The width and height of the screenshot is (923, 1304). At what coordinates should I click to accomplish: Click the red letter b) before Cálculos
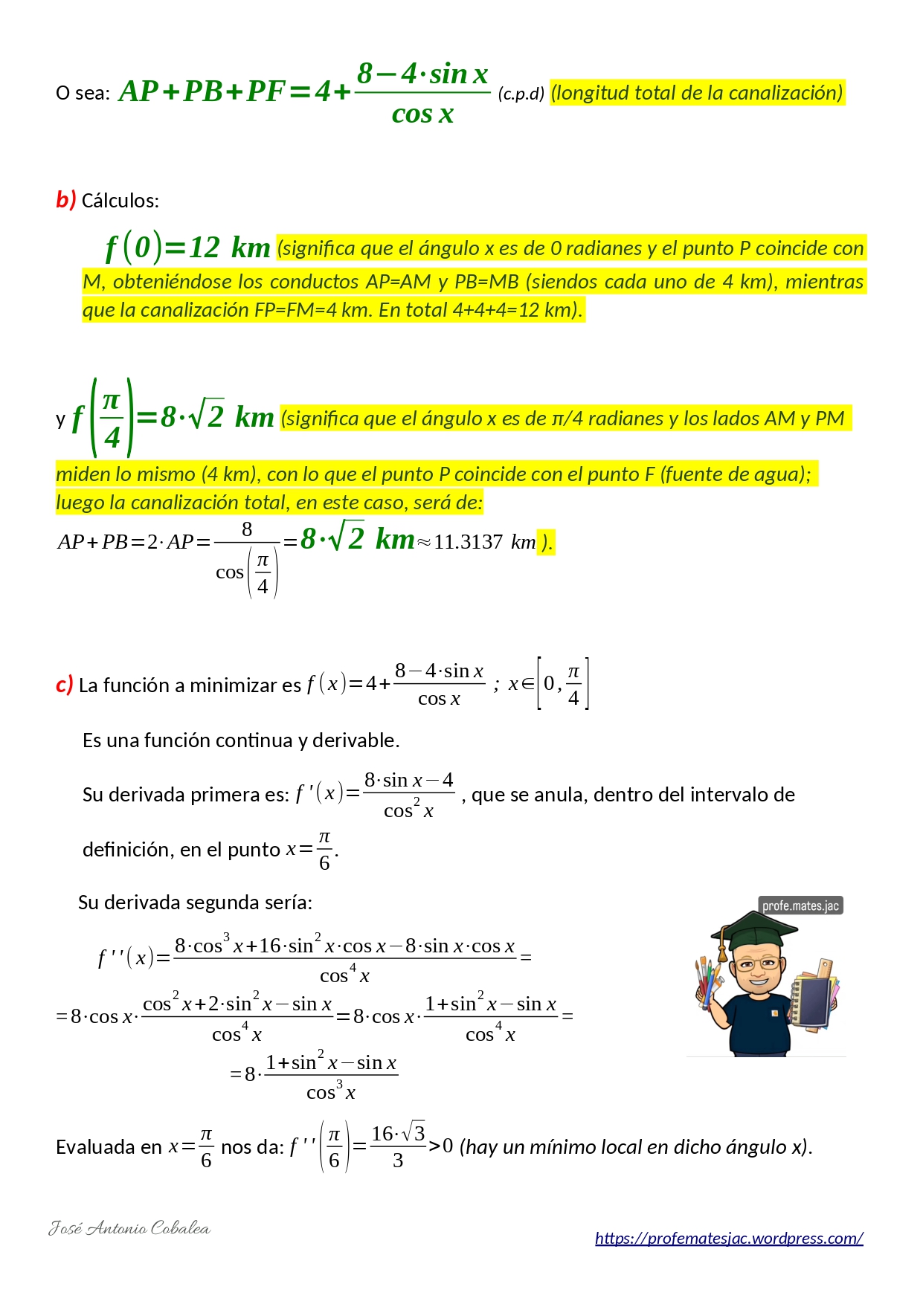pyautogui.click(x=65, y=200)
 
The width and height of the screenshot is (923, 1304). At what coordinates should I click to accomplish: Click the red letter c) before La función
pyautogui.click(x=64, y=685)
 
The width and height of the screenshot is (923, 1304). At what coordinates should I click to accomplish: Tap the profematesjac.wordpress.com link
pyautogui.click(x=729, y=1238)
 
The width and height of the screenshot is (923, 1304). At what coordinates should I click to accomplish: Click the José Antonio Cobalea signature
pyautogui.click(x=129, y=1228)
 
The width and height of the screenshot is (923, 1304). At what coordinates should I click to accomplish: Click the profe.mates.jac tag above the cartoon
pyautogui.click(x=800, y=906)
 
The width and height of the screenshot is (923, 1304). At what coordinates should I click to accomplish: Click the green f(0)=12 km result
pyautogui.click(x=187, y=248)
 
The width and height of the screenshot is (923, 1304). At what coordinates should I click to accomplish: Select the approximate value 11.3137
pyautogui.click(x=469, y=542)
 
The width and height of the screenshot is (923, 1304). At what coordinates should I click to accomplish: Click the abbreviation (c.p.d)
pyautogui.click(x=521, y=94)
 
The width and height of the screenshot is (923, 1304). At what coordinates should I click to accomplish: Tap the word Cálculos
pyautogui.click(x=120, y=201)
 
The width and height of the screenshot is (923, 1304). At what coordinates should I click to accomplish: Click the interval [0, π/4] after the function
pyautogui.click(x=563, y=684)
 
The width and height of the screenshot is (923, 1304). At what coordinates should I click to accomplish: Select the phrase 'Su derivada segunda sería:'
pyautogui.click(x=195, y=903)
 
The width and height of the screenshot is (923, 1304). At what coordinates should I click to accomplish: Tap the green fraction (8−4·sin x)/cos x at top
pyautogui.click(x=422, y=93)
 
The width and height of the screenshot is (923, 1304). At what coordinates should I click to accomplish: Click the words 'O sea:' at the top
pyautogui.click(x=83, y=93)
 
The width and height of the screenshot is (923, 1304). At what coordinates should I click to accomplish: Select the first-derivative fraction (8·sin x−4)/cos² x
pyautogui.click(x=408, y=795)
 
